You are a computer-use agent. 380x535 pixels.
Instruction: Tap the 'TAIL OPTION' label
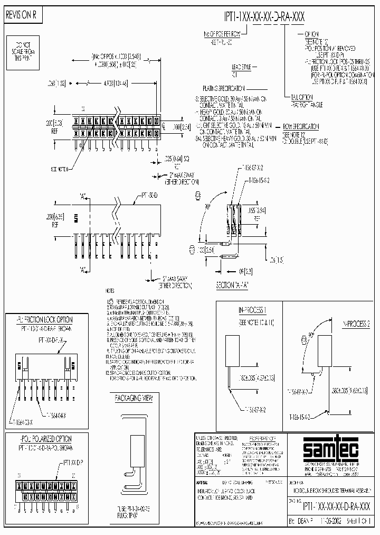click(x=302, y=97)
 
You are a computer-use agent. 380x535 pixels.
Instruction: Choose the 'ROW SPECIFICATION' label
click(x=300, y=127)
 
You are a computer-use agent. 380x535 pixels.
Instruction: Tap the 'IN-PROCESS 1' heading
click(x=252, y=309)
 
